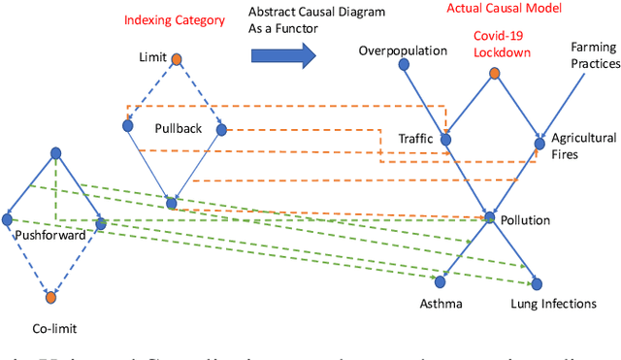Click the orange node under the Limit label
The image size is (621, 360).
point(177,61)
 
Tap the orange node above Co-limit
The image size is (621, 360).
point(51,298)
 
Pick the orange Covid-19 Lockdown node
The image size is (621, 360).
point(495,74)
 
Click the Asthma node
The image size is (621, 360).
point(440,281)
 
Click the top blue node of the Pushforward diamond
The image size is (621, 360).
point(56,152)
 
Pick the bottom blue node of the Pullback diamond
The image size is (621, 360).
point(172,203)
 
